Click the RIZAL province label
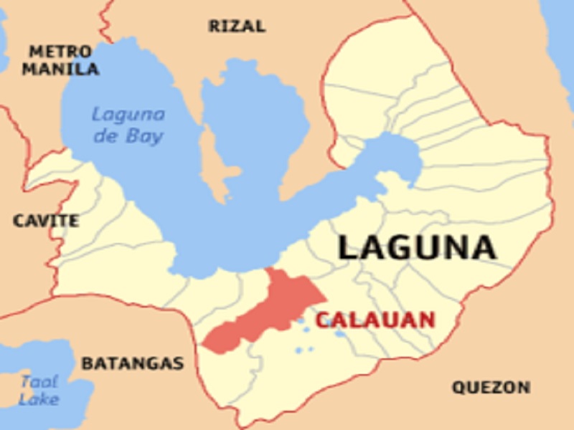pos(237,27)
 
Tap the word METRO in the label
pos(60,52)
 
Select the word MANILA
pos(60,70)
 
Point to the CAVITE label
pos(46,221)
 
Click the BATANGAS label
pos(132,363)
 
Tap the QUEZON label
pos(491,388)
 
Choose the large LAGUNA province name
pos(417,248)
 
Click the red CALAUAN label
pos(375,320)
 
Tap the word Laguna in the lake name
pos(128,115)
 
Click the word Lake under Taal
pos(39,399)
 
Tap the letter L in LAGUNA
pos(349,248)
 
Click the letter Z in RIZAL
pos(237,27)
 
